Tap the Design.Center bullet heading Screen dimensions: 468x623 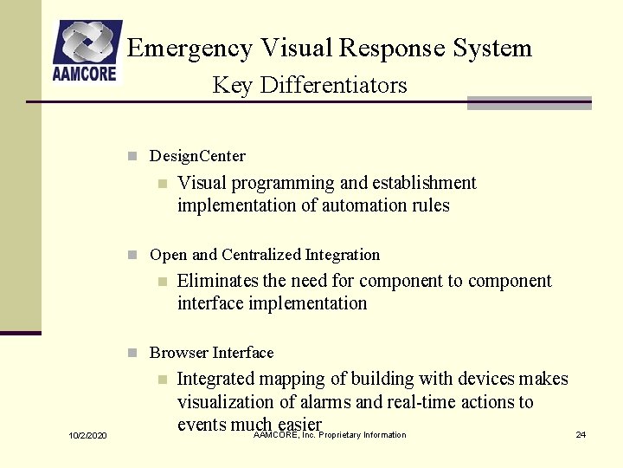click(x=197, y=157)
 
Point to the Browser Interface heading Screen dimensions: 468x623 click(x=211, y=353)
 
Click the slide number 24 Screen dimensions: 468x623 click(x=581, y=434)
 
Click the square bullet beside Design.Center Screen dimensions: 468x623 click(x=132, y=157)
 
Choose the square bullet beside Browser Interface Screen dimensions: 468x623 click(x=132, y=353)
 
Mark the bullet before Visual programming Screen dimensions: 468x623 click(x=160, y=184)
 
